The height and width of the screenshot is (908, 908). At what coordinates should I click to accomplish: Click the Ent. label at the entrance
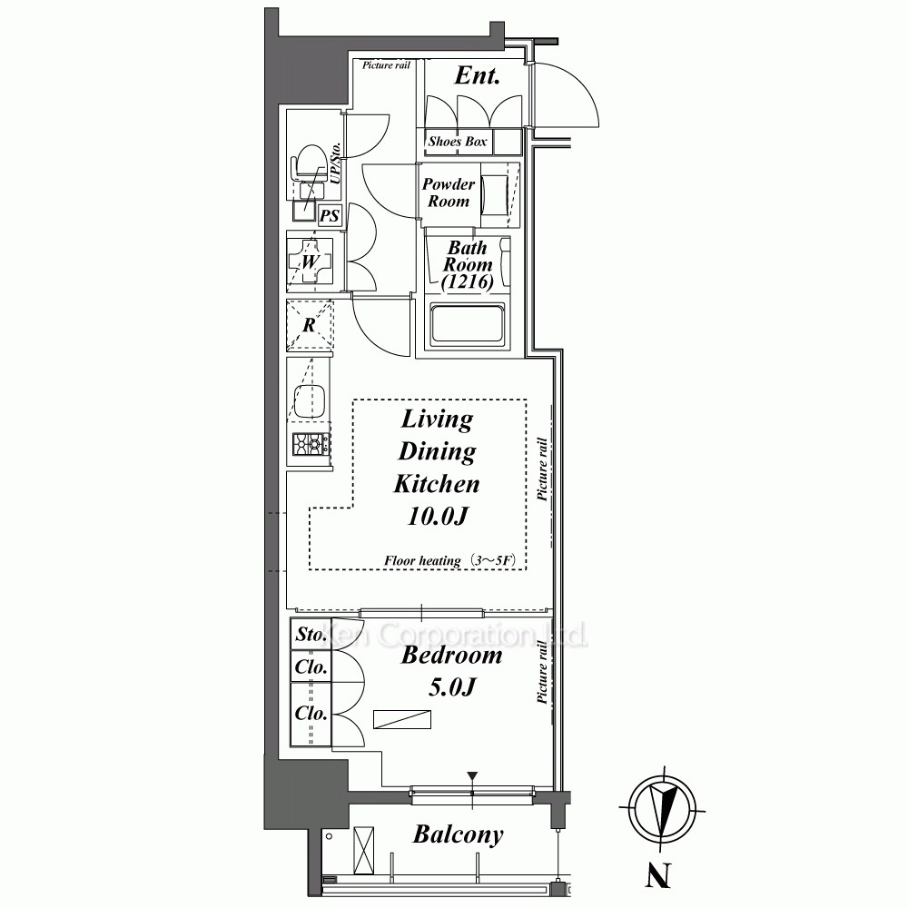(477, 75)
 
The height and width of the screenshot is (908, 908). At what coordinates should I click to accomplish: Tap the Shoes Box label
(458, 142)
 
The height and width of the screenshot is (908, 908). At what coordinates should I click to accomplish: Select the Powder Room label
(449, 192)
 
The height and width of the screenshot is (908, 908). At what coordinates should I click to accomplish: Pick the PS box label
(330, 215)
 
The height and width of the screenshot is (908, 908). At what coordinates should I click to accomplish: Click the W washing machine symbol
(310, 262)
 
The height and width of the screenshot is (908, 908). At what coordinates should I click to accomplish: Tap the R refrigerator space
(310, 325)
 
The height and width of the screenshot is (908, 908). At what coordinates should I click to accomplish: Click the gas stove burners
(311, 445)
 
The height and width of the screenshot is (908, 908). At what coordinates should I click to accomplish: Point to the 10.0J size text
(438, 516)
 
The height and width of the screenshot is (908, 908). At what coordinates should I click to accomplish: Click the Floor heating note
(449, 560)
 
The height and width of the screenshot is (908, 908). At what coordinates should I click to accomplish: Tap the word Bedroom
(451, 655)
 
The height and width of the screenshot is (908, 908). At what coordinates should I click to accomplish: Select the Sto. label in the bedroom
(311, 634)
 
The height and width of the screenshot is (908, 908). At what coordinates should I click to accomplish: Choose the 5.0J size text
(452, 687)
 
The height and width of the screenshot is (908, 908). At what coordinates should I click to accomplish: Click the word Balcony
(458, 834)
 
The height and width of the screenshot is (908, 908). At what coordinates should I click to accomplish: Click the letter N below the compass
(657, 875)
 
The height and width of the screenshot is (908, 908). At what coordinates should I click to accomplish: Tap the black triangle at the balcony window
(472, 776)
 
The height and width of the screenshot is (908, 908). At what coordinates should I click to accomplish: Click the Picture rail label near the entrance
(386, 65)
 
